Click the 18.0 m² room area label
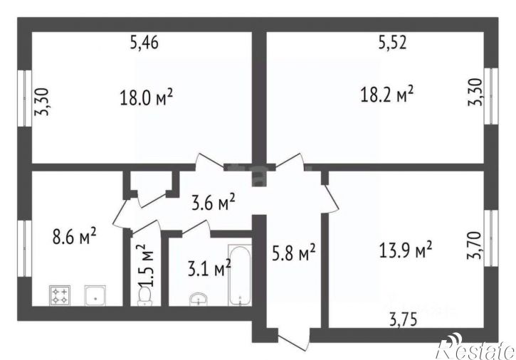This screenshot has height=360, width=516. (146, 97)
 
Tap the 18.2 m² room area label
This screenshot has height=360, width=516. (387, 94)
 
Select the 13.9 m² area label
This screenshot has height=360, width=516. (406, 250)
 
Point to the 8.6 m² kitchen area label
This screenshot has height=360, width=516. (74, 236)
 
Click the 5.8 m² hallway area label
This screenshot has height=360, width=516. (293, 253)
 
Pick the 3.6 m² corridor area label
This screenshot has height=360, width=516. (214, 203)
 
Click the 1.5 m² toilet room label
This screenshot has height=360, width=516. (145, 265)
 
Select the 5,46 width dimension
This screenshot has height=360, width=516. (144, 43)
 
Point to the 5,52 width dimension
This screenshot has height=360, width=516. (392, 43)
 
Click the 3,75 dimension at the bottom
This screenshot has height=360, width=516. (403, 319)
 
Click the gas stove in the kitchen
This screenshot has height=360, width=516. (60, 295)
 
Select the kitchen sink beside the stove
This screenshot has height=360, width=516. (95, 295)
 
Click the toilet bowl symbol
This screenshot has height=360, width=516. (144, 295)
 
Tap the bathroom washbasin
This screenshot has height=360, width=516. (199, 299)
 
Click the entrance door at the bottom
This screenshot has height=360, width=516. (294, 338)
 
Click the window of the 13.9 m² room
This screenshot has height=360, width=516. (491, 238)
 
